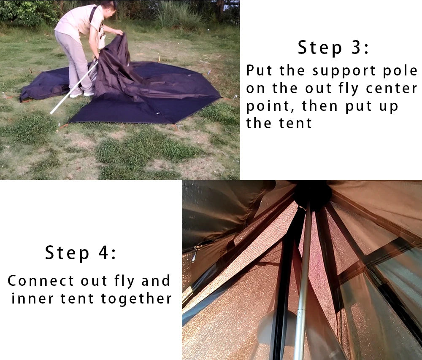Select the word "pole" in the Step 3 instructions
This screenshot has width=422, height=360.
point(402,71)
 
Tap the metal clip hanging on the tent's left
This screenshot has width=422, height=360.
point(195,255)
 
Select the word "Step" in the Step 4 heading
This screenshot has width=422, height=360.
point(67,253)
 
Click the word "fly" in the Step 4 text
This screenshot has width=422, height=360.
point(125,281)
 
